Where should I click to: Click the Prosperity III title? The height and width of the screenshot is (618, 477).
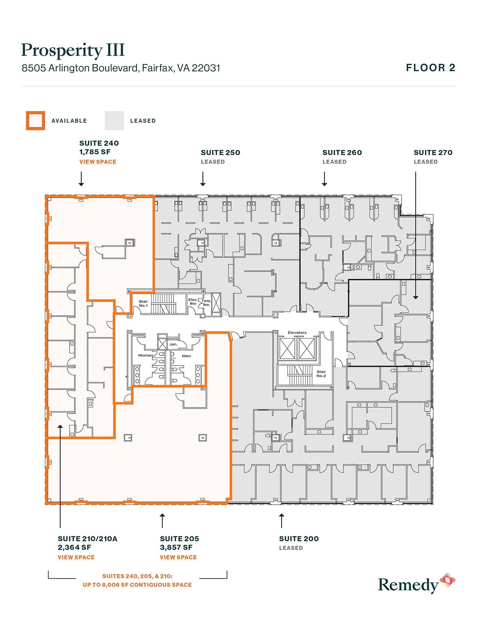coord(73,50)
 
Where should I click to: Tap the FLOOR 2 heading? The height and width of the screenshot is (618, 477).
coord(431,68)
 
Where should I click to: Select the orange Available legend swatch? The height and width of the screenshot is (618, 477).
coord(36,121)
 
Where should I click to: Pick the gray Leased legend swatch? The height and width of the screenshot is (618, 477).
coord(114,121)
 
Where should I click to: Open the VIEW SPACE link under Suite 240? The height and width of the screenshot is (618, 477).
coord(98,162)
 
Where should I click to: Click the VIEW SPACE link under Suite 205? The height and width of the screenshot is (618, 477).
coord(178,557)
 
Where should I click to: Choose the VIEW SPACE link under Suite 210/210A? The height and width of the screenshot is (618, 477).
coord(76,557)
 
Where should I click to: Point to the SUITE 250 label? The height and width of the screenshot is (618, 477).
coord(220,152)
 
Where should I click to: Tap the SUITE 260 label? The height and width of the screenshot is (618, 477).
coord(342,152)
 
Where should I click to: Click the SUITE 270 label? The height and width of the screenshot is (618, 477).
coord(433,152)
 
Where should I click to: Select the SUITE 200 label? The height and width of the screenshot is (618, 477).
coord(299,539)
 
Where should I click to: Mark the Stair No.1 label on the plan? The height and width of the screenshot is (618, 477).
coord(143,303)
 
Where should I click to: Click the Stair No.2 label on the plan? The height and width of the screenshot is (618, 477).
coord(321,373)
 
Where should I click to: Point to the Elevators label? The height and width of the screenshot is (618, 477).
coord(297,333)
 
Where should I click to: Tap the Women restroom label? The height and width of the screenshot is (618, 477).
coord(146,355)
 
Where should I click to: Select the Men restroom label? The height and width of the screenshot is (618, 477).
coord(186,356)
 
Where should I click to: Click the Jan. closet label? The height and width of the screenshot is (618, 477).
coord(173,344)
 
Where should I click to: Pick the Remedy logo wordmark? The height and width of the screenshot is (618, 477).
coord(408,585)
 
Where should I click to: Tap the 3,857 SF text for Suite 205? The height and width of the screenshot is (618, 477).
coord(176,548)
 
